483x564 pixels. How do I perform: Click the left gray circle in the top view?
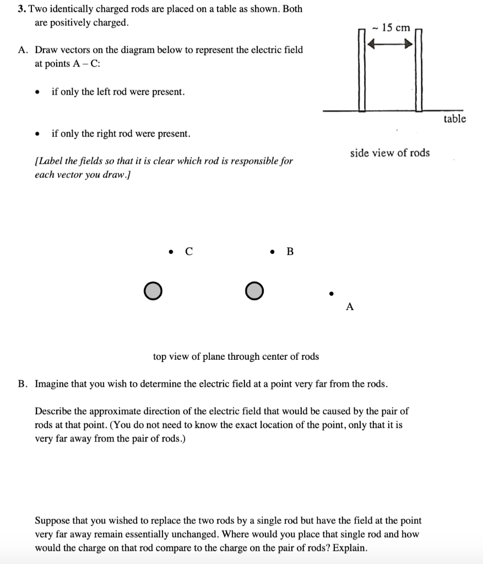[x=153, y=290]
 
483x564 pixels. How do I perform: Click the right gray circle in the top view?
[x=254, y=290]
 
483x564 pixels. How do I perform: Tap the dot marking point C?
[x=172, y=252]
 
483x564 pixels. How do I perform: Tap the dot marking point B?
[x=273, y=252]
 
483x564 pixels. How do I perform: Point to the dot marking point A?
[x=331, y=293]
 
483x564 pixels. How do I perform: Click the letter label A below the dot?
[x=349, y=307]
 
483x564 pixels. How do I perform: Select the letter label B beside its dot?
[x=290, y=252]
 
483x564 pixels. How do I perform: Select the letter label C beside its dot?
[x=189, y=252]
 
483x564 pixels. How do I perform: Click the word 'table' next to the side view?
[x=454, y=119]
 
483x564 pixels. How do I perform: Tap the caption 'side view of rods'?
[x=390, y=153]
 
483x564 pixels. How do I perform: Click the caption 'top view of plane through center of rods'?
[x=236, y=356]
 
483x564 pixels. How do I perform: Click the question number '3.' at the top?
[x=21, y=9]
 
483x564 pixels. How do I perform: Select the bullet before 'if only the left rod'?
[x=37, y=93]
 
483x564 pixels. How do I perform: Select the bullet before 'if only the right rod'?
[x=37, y=134]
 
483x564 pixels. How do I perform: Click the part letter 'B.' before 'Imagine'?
[x=23, y=383]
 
